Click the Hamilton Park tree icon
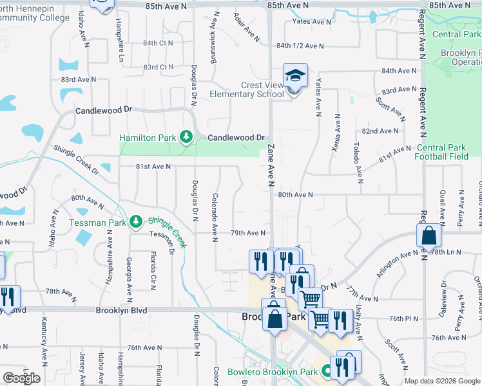coord(186,137)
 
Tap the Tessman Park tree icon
coord(135,222)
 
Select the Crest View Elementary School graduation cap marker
coord(295,77)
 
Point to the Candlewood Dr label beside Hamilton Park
coord(236,138)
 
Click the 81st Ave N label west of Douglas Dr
coord(153,167)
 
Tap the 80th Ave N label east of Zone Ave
coord(295,194)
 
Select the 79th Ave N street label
coord(248,233)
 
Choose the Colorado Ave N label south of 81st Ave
coord(215,218)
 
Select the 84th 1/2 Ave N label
coord(300,46)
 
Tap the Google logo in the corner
coord(21,378)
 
